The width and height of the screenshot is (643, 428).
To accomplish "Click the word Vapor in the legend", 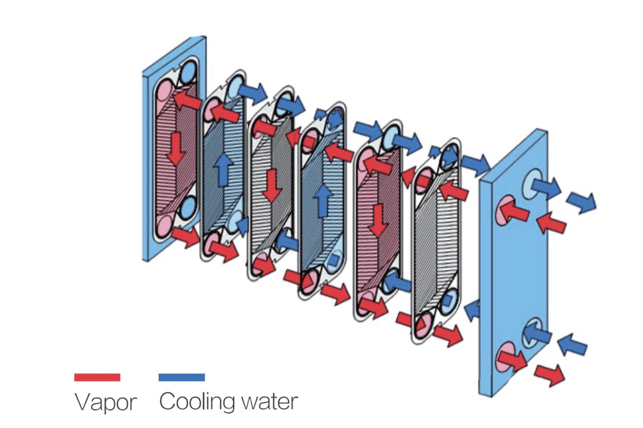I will click(x=105, y=402).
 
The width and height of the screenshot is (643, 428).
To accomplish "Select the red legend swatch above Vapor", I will click(x=97, y=378).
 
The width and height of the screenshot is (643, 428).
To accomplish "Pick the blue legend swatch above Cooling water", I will click(x=182, y=378).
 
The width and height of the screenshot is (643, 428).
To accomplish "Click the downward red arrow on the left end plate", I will click(x=175, y=149).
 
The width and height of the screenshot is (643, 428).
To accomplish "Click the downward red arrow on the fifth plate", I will click(x=378, y=220).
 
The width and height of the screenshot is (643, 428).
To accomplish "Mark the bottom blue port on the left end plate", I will click(x=188, y=206).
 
